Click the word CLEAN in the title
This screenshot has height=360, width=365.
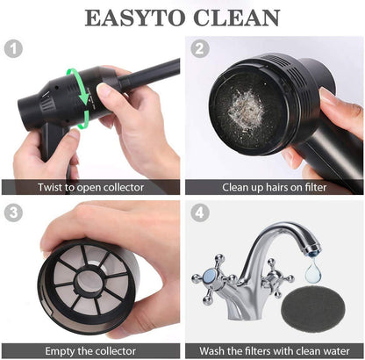coord(237,17)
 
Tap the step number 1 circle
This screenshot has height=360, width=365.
coord(14,48)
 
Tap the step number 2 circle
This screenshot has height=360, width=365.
coord(199,48)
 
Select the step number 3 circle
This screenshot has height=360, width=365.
coord(14,212)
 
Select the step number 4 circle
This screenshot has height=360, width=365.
coord(199,212)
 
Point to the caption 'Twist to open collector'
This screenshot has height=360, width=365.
coord(90,187)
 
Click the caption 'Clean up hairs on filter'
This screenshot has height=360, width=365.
coord(274,187)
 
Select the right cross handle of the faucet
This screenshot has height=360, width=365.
coord(279,275)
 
